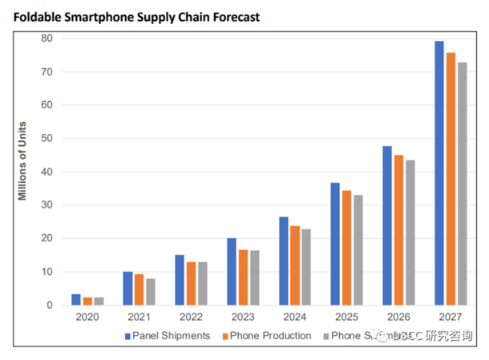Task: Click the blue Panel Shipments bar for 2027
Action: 439,173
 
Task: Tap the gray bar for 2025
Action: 358,250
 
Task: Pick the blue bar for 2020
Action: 76,300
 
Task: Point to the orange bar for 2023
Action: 242,277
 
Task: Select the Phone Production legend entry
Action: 265,336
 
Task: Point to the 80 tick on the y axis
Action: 47,38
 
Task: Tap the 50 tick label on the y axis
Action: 47,139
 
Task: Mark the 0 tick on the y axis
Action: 51,305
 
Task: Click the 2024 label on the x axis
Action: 294,317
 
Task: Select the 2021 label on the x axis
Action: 139,317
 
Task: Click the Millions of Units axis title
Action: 23,160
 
